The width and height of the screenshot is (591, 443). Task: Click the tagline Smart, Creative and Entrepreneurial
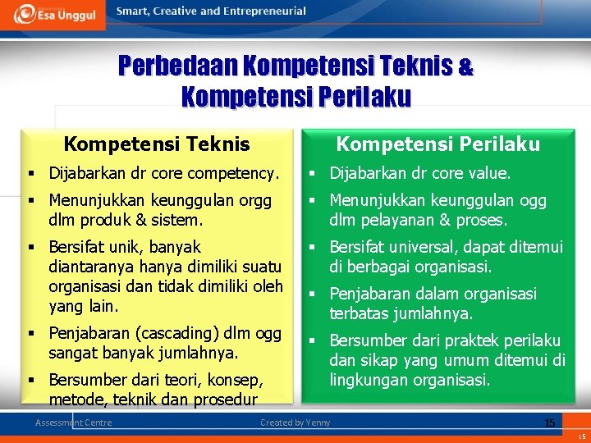point(211,11)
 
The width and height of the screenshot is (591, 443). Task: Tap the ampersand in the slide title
point(465,67)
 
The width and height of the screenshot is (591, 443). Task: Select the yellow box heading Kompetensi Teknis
point(157,144)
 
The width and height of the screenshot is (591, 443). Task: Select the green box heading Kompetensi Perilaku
point(438,144)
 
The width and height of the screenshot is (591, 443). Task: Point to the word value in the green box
point(490,174)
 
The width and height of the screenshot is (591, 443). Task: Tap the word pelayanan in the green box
point(398,220)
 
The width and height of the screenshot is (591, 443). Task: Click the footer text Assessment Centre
point(74,422)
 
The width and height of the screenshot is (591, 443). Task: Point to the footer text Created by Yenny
point(295,422)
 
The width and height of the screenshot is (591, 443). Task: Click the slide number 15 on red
point(550,422)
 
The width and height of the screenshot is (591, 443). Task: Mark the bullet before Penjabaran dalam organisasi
point(313,294)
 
